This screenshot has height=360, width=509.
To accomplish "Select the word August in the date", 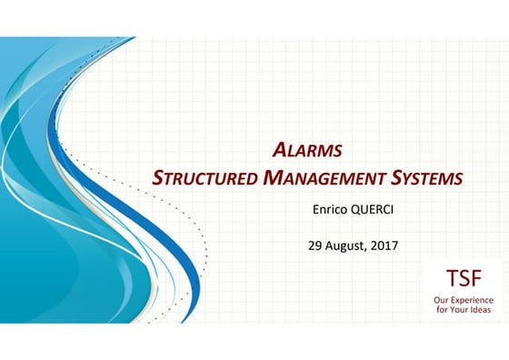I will click(349, 245).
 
